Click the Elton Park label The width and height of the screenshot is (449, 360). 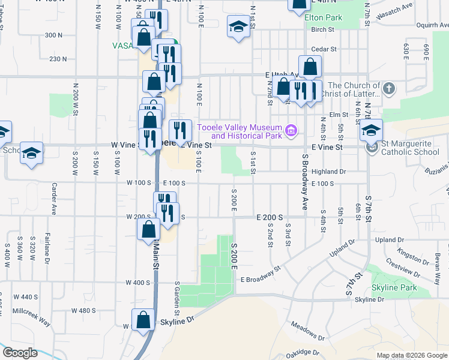coord(323,18)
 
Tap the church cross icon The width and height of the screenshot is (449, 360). coord(389,89)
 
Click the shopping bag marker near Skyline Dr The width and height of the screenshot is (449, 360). coord(143,320)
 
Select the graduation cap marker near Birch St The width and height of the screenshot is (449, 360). coord(238,27)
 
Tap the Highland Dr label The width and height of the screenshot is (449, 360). coord(330,172)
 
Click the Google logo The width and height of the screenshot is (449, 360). coord(20,353)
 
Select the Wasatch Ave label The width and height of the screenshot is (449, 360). coord(399,6)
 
